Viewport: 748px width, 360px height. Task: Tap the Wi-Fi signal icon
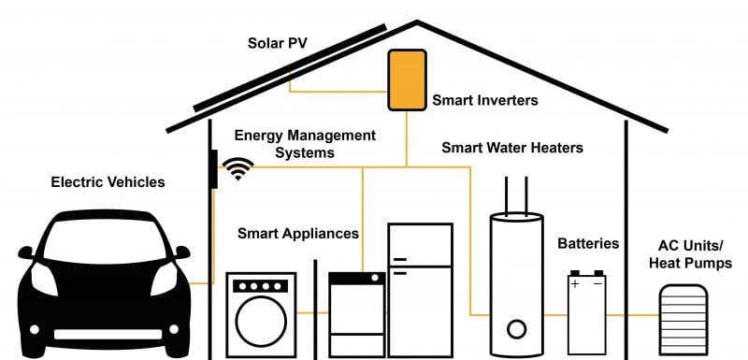pos(239,168)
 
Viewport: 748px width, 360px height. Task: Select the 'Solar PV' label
pos(278,44)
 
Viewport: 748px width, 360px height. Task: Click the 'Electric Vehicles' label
pos(108,182)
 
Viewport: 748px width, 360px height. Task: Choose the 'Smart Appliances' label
pos(297,233)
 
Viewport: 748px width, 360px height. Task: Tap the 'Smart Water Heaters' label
pos(512,148)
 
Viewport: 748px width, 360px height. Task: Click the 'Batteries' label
pos(588,243)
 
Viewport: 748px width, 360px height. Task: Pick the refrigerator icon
pos(420,289)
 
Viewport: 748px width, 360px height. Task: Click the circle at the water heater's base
pos(516,328)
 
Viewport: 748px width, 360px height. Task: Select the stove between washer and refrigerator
pos(356,313)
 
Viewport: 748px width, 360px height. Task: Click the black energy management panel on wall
pos(214,169)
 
